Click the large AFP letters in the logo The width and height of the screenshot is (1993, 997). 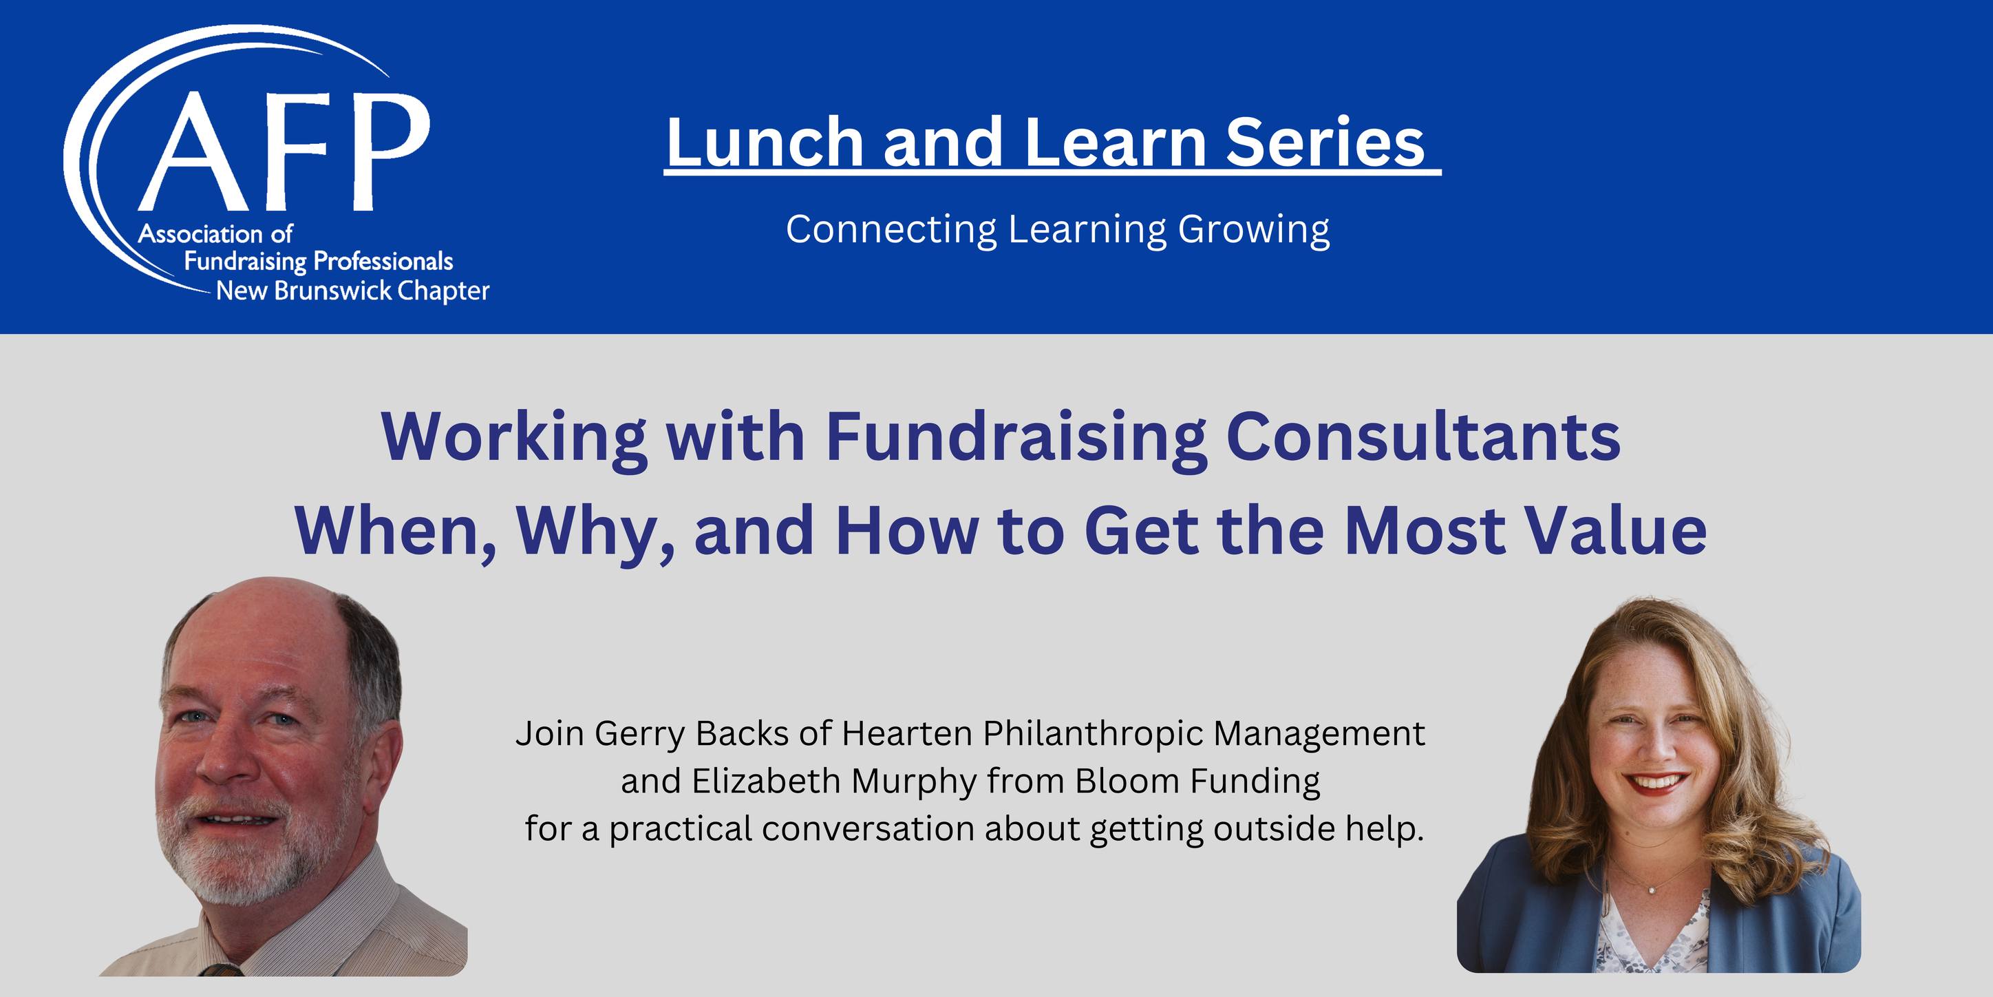click(283, 152)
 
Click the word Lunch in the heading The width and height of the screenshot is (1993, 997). click(765, 143)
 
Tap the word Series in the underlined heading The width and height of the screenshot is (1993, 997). click(1325, 143)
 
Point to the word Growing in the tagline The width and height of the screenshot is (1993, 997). click(1254, 231)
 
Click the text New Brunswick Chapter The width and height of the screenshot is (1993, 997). click(353, 292)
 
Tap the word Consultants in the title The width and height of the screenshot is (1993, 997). click(1424, 437)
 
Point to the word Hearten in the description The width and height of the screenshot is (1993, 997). click(907, 734)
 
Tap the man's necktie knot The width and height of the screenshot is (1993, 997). click(220, 969)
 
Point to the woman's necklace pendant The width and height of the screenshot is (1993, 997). click(1652, 890)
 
